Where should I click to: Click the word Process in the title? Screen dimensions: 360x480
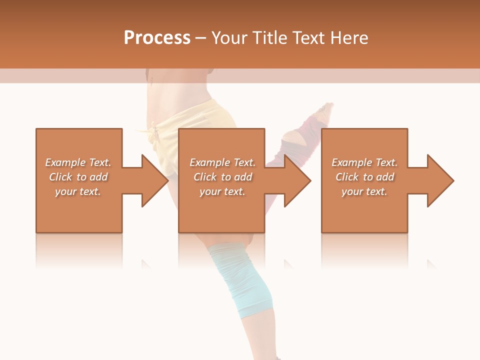coord(157,38)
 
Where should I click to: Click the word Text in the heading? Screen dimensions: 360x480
coord(309,38)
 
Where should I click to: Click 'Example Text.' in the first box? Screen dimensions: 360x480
coord(78,162)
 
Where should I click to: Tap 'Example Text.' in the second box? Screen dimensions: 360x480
coord(222,162)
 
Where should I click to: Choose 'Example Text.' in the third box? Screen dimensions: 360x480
coord(364,162)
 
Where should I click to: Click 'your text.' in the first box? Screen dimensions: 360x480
coord(78,191)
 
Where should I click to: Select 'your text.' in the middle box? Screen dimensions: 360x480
coord(222,191)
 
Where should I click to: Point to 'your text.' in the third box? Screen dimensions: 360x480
coord(364,191)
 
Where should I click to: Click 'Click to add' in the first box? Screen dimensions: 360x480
coord(78,177)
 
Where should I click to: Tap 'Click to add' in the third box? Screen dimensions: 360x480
coord(364,177)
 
